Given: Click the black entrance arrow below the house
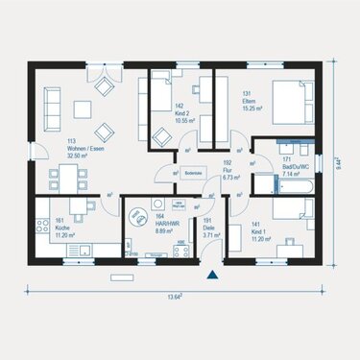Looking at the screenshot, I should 212,276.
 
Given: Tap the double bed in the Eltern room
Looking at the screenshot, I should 289,98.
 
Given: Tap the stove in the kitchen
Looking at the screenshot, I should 41,228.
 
